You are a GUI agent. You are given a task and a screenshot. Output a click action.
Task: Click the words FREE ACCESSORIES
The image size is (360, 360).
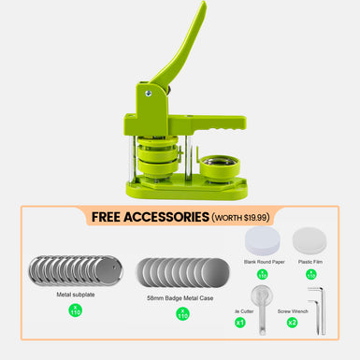click(150, 217)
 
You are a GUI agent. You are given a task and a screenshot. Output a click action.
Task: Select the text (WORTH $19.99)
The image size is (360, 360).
click(240, 217)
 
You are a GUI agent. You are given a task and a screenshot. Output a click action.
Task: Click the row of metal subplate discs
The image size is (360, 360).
click(75, 272)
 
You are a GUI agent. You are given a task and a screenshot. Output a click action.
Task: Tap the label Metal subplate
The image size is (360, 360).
click(75, 295)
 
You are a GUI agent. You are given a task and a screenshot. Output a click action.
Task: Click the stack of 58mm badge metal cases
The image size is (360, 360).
click(181, 272)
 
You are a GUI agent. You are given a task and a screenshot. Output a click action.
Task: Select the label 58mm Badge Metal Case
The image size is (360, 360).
click(181, 299)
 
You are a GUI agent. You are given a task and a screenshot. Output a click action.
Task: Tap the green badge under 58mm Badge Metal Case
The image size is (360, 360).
click(181, 314)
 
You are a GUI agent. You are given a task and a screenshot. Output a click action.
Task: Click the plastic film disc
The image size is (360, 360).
click(310, 241)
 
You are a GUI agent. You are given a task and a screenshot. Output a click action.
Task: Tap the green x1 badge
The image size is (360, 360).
click(241, 323)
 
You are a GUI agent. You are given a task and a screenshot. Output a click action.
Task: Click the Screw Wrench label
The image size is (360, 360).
click(294, 310)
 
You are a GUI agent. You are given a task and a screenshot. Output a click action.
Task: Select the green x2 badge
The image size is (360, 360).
click(293, 323)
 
